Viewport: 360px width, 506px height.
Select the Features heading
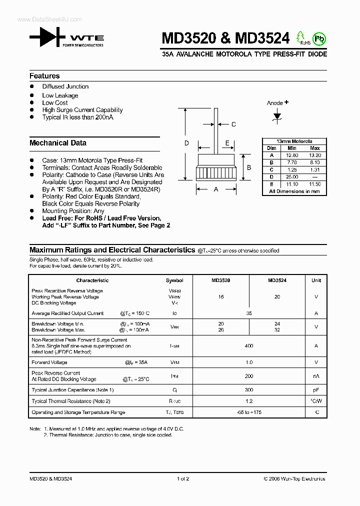point(44,76)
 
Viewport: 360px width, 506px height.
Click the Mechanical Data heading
point(58,143)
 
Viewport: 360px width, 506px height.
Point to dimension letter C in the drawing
point(233,124)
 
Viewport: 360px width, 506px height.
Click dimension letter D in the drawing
point(186,143)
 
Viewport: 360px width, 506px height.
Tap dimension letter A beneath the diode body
point(216,189)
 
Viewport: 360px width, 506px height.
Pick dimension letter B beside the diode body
point(248,167)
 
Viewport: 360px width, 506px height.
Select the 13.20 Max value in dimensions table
point(315,155)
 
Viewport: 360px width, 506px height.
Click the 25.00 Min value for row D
point(292,177)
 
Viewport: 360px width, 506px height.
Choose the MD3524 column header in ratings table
point(277,280)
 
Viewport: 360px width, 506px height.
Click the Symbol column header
point(174,280)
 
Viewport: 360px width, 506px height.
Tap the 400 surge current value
point(249,346)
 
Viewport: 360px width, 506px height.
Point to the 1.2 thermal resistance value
point(249,401)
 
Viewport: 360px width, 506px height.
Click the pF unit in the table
point(316,390)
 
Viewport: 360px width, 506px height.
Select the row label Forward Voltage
point(49,362)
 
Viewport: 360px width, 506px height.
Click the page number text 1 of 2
point(183,479)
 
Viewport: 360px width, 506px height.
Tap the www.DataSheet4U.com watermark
point(42,19)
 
